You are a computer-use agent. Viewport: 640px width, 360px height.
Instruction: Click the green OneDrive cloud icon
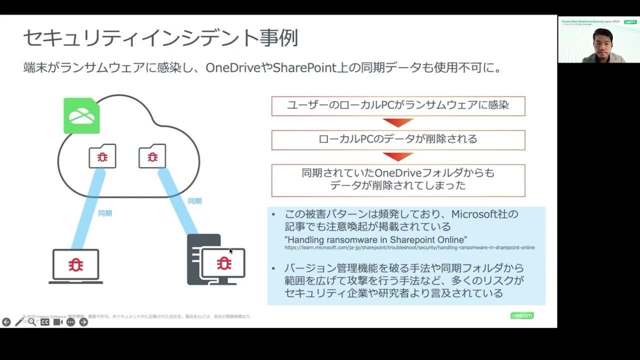[x=81, y=115]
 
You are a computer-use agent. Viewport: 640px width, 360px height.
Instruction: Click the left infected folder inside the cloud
[x=102, y=156]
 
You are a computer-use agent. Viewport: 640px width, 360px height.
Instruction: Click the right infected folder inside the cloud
[x=152, y=156]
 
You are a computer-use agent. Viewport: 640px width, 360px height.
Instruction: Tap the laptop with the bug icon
[x=76, y=265]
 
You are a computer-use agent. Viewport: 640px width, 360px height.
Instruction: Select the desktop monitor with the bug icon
[x=223, y=263]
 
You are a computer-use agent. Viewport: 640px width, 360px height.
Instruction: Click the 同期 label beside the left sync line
[x=105, y=213]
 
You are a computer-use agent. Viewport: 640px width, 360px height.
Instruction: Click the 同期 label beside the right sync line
[x=194, y=201]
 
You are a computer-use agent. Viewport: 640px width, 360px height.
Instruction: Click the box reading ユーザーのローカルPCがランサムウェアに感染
[x=398, y=106]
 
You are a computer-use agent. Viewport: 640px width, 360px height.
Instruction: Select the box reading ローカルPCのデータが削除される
[x=398, y=139]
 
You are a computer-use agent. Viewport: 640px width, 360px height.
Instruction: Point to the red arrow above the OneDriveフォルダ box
[x=398, y=157]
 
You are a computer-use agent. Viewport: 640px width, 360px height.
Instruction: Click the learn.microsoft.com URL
[x=409, y=247]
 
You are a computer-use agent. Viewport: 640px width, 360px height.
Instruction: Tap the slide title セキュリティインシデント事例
[x=160, y=38]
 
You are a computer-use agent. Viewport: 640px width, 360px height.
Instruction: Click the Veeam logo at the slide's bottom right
[x=521, y=315]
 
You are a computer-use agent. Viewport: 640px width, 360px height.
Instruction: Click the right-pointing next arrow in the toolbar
[x=83, y=322]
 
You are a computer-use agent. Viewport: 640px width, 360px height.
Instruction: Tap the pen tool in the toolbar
[x=19, y=322]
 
